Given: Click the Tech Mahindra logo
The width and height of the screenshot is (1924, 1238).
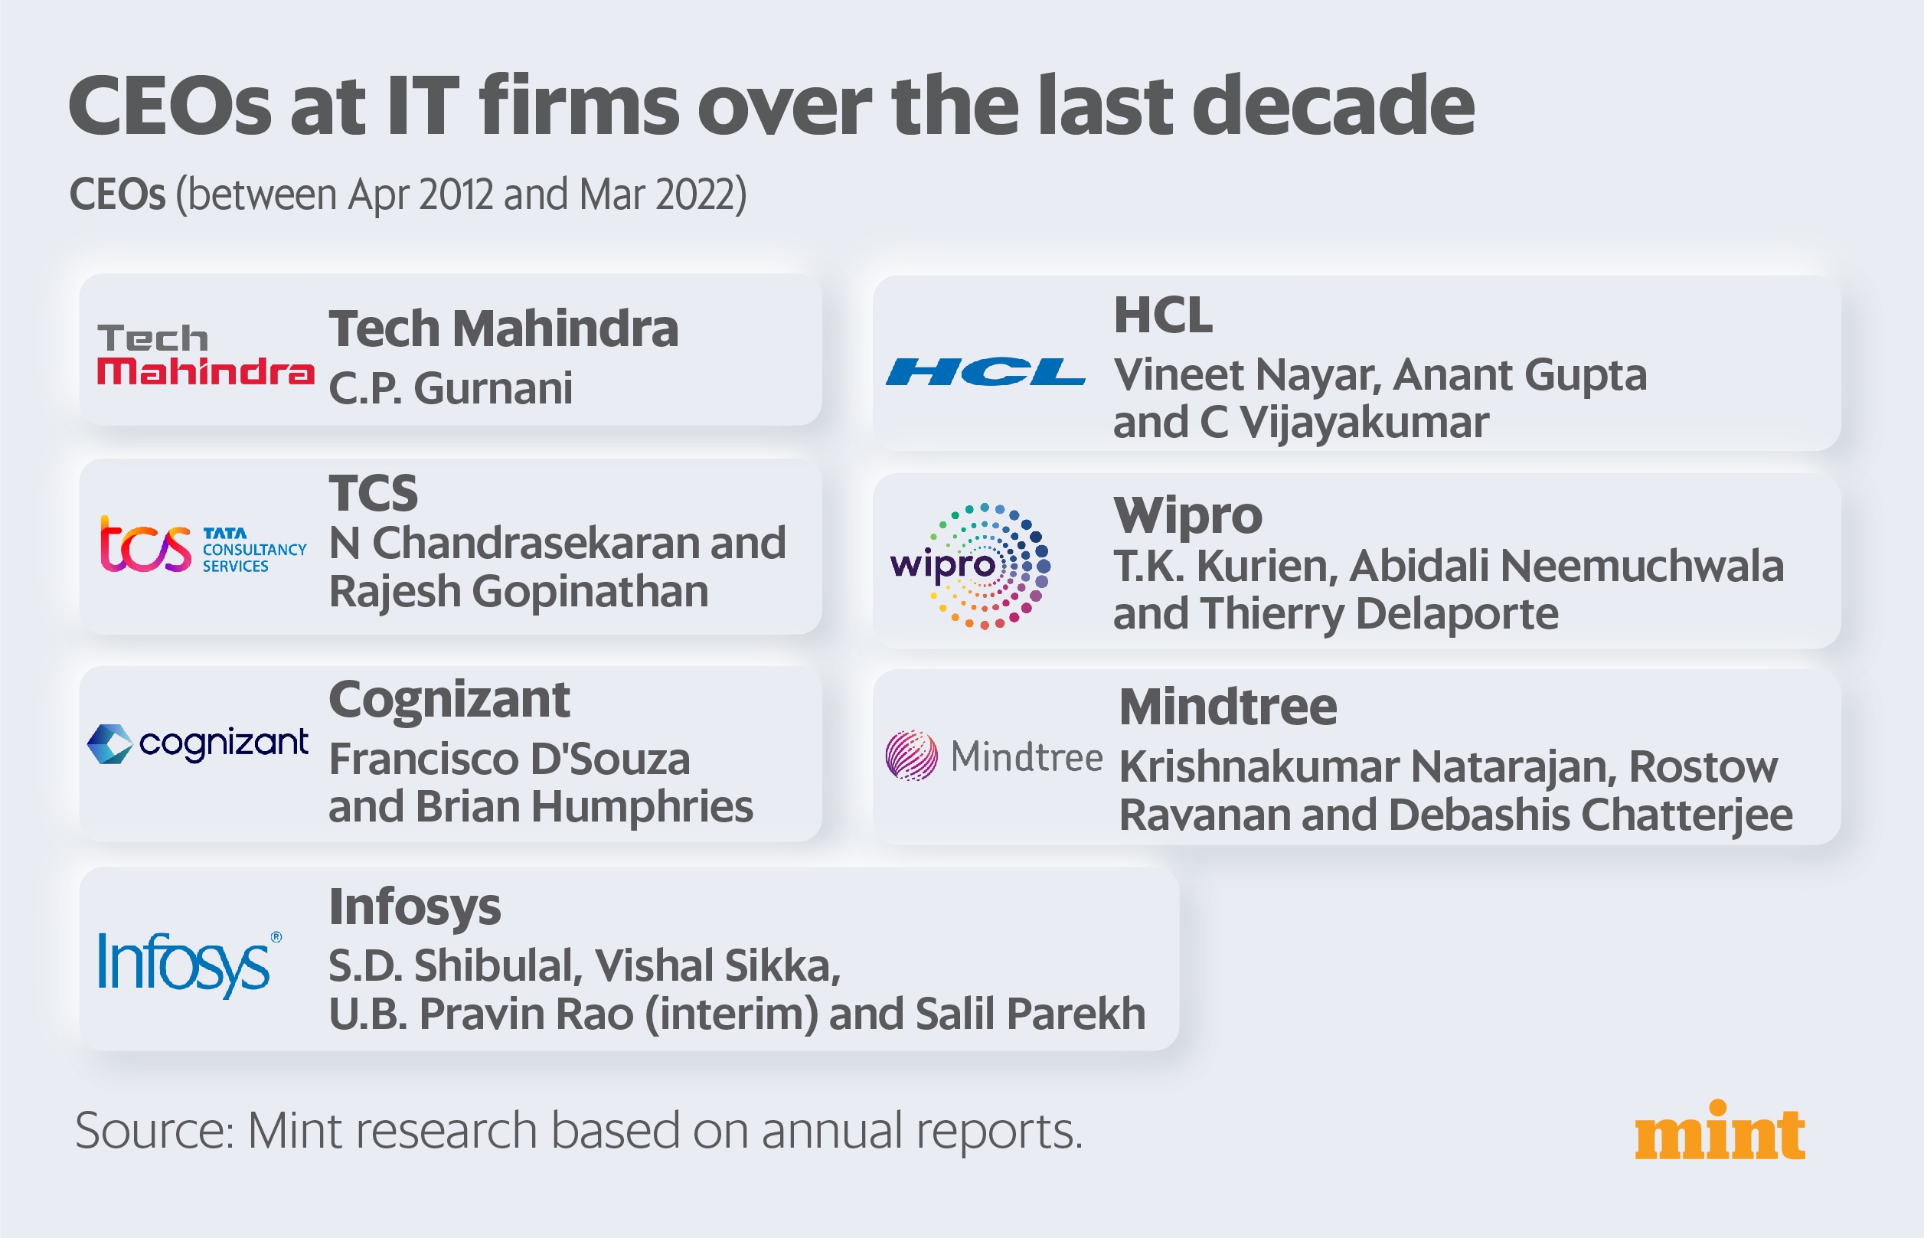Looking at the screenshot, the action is [205, 354].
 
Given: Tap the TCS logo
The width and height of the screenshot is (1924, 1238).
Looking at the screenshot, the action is [203, 545].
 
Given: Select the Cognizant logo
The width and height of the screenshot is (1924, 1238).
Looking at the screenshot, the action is [198, 743].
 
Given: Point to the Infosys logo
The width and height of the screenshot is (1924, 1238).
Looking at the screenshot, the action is [190, 965].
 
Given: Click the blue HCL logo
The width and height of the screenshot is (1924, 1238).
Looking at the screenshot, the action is [985, 371].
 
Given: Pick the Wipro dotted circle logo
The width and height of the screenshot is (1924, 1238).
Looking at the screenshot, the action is [971, 566].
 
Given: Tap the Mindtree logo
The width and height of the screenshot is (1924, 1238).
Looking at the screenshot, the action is [994, 756].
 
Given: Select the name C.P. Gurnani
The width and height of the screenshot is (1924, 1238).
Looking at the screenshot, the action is [451, 388].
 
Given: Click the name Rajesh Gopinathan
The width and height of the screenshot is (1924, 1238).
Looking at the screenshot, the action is [518, 592].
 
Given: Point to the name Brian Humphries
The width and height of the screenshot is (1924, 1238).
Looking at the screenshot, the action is [585, 806].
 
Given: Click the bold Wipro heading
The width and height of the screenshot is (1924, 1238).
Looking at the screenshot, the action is [1187, 515].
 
